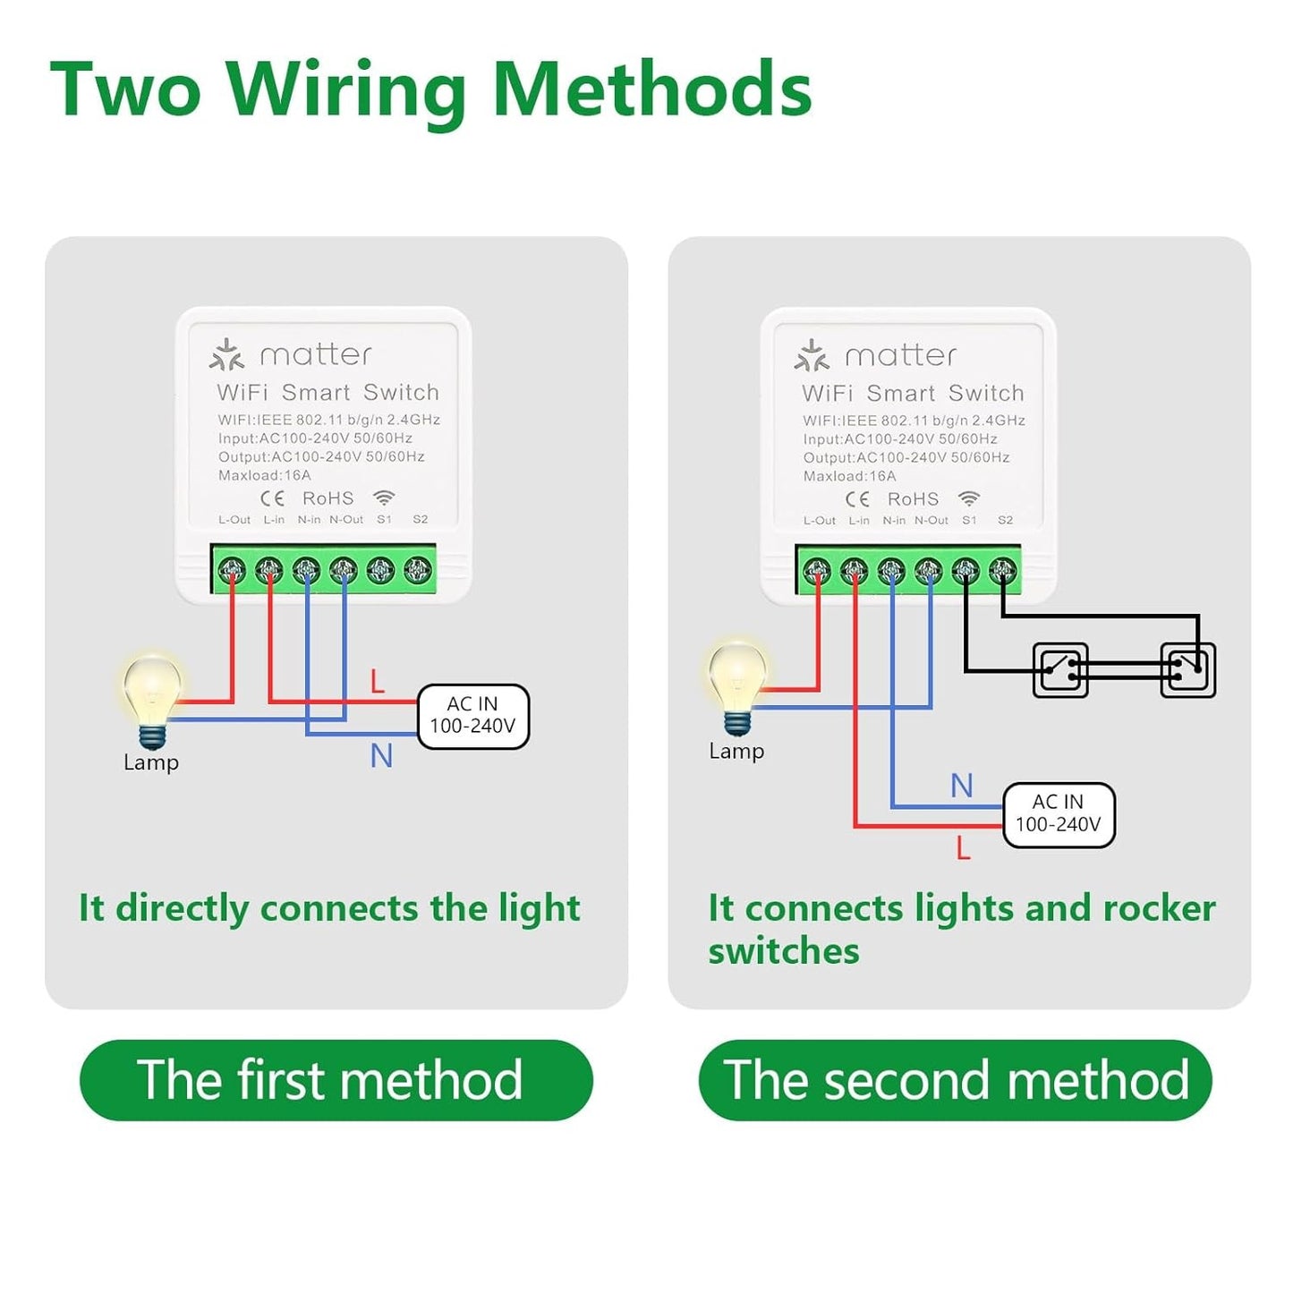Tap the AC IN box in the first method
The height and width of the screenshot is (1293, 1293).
tap(473, 716)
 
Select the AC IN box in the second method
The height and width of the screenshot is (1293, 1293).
tap(1059, 814)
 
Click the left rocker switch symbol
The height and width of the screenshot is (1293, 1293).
tap(1060, 669)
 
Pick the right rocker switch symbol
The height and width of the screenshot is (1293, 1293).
tap(1188, 669)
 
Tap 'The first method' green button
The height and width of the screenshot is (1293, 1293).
tap(336, 1079)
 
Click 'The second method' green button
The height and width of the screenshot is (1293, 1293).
tap(955, 1079)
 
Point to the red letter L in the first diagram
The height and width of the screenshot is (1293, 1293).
tap(378, 682)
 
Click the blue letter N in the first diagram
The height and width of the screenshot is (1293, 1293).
tap(381, 756)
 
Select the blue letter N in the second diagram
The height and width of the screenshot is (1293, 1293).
tap(961, 786)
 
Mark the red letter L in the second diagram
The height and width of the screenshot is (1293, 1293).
tap(963, 847)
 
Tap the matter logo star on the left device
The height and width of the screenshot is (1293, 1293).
tap(226, 355)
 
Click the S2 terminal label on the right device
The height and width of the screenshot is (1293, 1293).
tap(1005, 520)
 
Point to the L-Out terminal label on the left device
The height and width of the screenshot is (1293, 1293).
tap(234, 520)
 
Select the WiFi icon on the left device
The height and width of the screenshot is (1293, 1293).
tap(384, 498)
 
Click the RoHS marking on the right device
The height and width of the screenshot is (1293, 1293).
tap(913, 499)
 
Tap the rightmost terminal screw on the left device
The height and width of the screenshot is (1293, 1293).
tap(418, 569)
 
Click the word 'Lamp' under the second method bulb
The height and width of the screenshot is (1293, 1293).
tap(736, 751)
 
